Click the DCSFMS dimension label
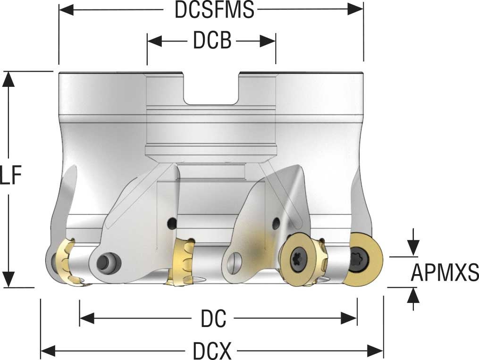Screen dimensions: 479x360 click(214, 10)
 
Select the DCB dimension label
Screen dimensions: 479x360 click(212, 41)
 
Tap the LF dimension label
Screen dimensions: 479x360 click(11, 176)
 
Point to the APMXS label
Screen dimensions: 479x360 click(445, 272)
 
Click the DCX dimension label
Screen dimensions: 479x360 click(212, 351)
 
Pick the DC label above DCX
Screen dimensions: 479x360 click(213, 318)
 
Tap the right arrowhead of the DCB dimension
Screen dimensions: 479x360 click(268, 41)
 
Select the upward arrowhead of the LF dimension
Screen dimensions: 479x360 click(8, 79)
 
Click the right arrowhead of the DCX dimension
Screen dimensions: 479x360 click(375, 351)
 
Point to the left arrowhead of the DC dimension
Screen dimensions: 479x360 click(87, 318)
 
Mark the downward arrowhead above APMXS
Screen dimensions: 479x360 click(413, 248)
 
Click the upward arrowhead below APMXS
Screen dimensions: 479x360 click(413, 295)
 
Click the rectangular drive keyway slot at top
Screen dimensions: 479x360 click(211, 89)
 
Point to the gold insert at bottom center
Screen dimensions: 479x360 click(182, 263)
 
